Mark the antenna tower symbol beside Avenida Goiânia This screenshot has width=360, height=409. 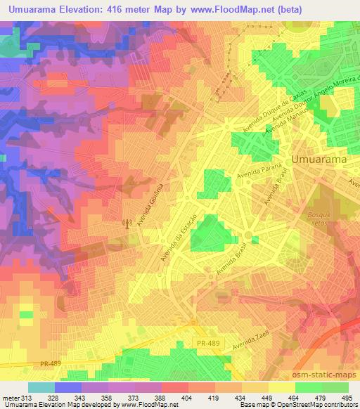click(127, 224)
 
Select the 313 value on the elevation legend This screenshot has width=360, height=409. click(28, 397)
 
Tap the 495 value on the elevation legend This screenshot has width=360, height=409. click(347, 397)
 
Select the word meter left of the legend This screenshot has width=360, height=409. click(12, 397)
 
